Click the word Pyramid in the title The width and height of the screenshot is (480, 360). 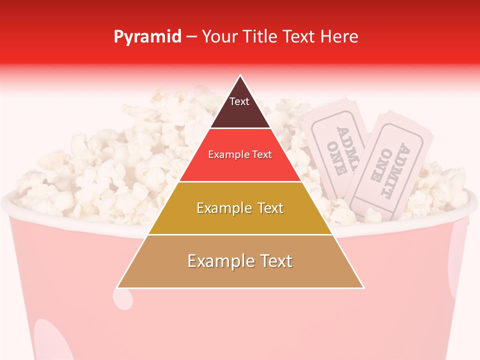pos(147,37)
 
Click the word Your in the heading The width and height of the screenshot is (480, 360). pos(220,36)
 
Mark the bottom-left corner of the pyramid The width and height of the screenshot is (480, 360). pos(117,288)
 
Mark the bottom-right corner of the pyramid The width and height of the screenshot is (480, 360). pos(363,288)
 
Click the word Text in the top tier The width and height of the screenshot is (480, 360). pos(239,101)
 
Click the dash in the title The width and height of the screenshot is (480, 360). pos(191,36)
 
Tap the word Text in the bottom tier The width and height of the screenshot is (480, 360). pos(275,261)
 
